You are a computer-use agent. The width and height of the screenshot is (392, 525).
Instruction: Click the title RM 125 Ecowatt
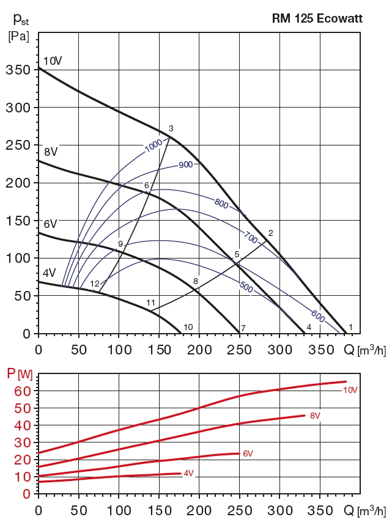(317, 19)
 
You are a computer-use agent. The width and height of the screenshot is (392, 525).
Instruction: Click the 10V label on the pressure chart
(53, 61)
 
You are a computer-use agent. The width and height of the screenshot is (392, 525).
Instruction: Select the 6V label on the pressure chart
(50, 224)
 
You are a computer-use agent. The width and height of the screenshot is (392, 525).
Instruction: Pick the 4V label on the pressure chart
(49, 273)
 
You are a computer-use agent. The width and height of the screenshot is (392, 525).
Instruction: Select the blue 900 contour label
(185, 165)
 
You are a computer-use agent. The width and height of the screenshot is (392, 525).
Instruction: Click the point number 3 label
(171, 128)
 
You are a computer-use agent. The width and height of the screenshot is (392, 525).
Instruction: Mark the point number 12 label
(95, 284)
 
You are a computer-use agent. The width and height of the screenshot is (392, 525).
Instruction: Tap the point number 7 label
(243, 328)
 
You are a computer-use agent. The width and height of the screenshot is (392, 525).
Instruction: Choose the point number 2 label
(270, 232)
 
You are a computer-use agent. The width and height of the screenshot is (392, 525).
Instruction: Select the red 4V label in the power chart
(188, 474)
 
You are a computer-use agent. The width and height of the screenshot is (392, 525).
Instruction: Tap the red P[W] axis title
(19, 373)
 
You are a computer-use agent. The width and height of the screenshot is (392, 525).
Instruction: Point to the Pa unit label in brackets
(18, 36)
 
